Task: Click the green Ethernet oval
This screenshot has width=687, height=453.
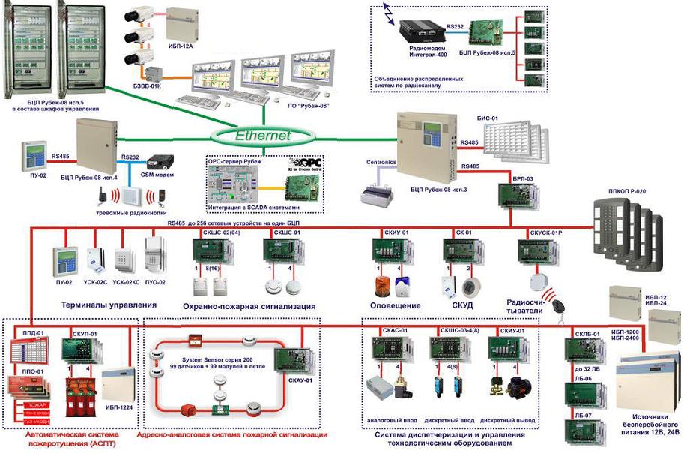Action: pos(261,136)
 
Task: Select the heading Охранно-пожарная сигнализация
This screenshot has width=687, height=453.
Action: pos(249,306)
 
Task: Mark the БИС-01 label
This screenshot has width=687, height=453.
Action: pos(489,119)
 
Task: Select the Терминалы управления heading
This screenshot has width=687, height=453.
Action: pos(109,305)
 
